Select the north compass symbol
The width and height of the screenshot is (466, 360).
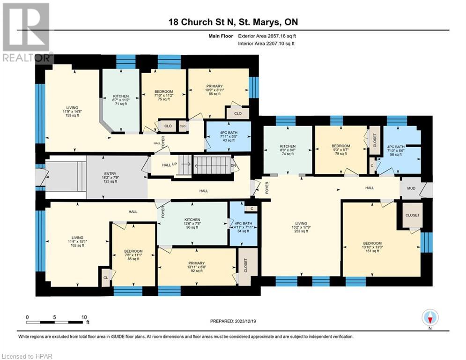click(x=429, y=318)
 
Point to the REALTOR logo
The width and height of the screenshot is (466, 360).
click(x=26, y=32)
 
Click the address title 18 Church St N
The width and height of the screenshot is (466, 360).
click(x=233, y=22)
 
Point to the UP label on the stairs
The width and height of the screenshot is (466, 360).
click(x=175, y=165)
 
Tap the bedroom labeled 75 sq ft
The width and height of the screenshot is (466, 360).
click(x=163, y=95)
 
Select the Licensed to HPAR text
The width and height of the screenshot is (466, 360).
click(x=27, y=356)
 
